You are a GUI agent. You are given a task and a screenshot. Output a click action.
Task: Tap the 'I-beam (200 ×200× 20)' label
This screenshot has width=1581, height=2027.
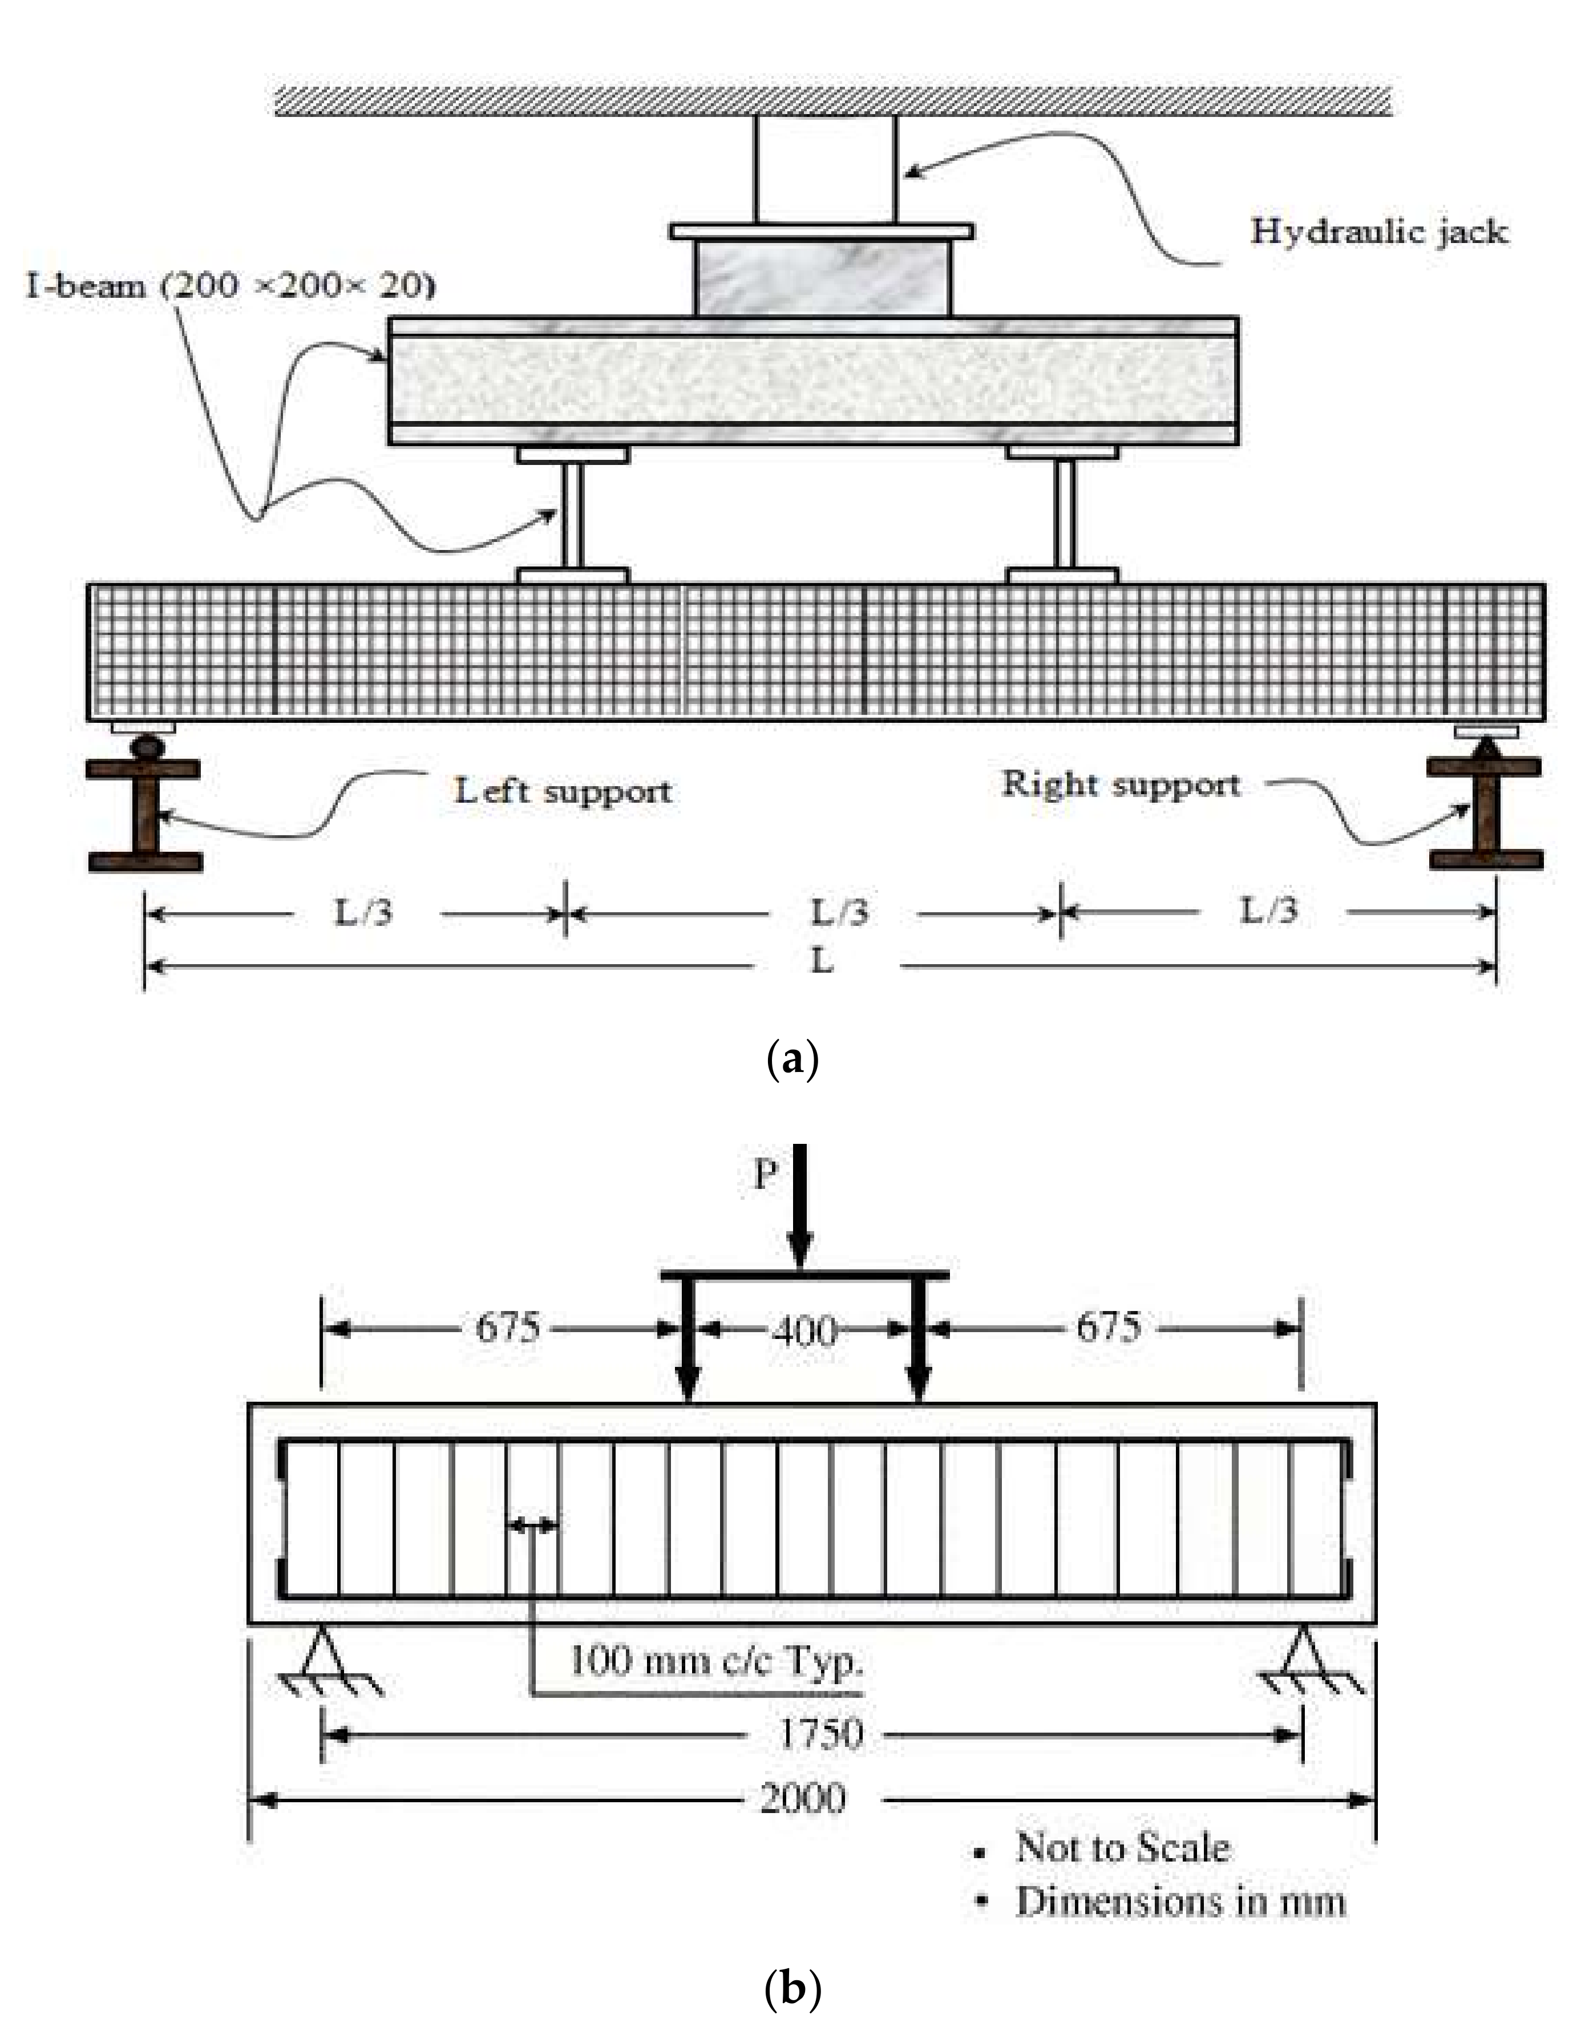pyautogui.click(x=231, y=286)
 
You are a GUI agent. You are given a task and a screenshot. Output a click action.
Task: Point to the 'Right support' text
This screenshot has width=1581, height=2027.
pyautogui.click(x=1121, y=785)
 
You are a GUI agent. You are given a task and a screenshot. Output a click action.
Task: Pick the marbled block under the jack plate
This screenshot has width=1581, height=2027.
pyautogui.click(x=823, y=277)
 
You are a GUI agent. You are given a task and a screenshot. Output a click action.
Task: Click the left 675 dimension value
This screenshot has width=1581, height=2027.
pyautogui.click(x=507, y=1327)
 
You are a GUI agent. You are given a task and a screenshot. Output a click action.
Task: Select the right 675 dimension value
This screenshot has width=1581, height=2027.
pyautogui.click(x=1109, y=1327)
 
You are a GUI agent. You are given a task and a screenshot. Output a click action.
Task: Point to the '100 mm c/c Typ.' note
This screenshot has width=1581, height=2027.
pyautogui.click(x=715, y=1660)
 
